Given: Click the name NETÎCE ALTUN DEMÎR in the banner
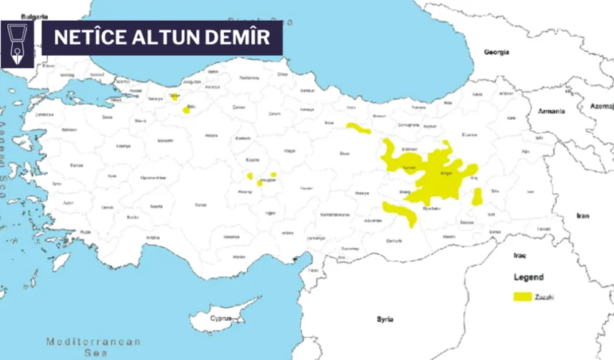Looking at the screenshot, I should [x=162, y=37].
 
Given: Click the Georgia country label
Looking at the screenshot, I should [x=497, y=52].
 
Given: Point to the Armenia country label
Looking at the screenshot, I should [x=552, y=111].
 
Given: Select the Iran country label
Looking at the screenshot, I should [x=583, y=215].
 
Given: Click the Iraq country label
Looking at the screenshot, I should [x=520, y=255].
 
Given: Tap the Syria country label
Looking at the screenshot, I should [x=386, y=319].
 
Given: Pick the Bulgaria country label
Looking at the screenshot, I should [x=35, y=16].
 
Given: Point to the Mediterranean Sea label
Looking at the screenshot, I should [x=94, y=346].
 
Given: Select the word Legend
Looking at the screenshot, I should [x=528, y=277].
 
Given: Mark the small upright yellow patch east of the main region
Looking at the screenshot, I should [x=477, y=196].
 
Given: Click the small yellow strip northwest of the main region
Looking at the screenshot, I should [x=358, y=129].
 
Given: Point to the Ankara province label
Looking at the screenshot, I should [x=211, y=136].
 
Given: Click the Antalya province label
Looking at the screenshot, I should [x=153, y=237].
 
